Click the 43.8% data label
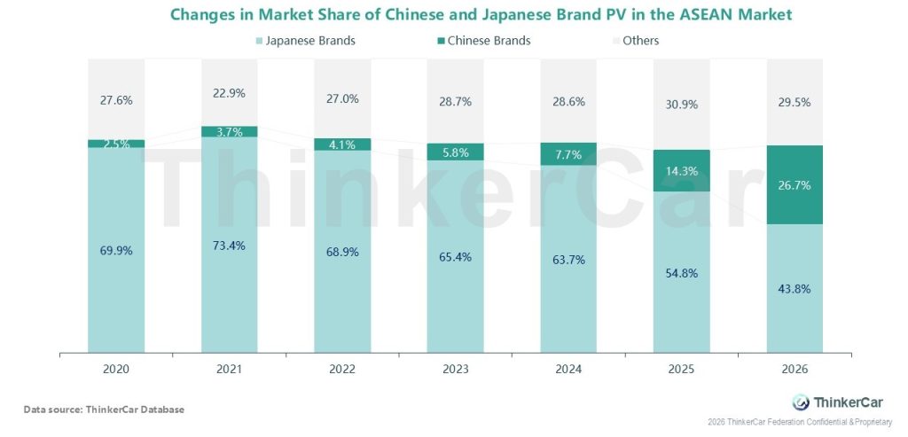tap(795, 289)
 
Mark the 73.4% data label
tap(229, 245)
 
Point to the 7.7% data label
tap(568, 154)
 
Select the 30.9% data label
tap(682, 104)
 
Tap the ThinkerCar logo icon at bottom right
tap(801, 402)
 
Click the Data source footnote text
tap(104, 409)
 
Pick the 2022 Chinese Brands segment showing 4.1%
tap(342, 144)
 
